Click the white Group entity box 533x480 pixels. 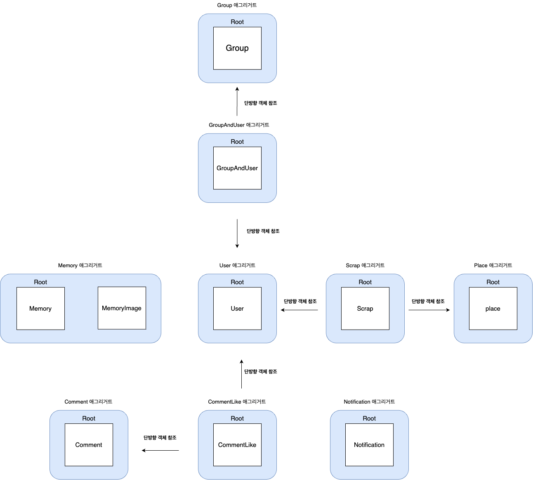tap(237, 48)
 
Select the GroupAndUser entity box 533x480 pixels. tap(237, 168)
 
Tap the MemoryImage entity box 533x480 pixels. tap(122, 308)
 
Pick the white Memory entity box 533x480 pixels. tap(40, 309)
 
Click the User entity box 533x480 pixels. tap(237, 309)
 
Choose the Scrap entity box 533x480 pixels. tap(365, 309)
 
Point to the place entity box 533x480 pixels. tap(493, 309)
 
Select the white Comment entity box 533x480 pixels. tap(89, 445)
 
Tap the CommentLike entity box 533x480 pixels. tap(237, 445)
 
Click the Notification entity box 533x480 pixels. tap(369, 445)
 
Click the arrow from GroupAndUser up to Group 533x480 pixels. tap(237, 102)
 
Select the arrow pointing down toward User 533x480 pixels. tap(237, 233)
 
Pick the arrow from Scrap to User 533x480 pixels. tap(300, 310)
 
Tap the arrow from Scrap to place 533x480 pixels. tap(429, 310)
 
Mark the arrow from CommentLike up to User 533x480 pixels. tap(241, 374)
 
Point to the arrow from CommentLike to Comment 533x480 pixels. tap(160, 450)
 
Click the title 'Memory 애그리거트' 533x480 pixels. tap(80, 266)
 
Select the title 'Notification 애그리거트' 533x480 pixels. tap(369, 402)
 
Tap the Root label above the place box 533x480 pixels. tap(493, 282)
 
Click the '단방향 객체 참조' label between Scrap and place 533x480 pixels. tap(428, 302)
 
